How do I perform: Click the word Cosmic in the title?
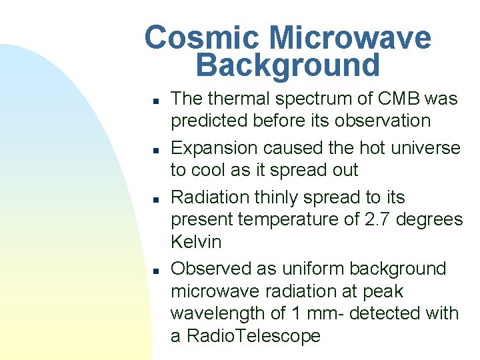[201, 37]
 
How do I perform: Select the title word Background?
[288, 65]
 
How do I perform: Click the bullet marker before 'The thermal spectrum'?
[156, 101]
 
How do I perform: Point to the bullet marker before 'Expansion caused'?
[156, 150]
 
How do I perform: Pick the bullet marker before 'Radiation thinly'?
[156, 200]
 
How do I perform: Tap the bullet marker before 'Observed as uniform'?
[156, 271]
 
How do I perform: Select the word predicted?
[209, 121]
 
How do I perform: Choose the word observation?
[383, 121]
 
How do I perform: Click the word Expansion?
[214, 149]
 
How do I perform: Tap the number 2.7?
[377, 219]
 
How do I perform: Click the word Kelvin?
[196, 241]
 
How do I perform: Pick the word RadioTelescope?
[254, 335]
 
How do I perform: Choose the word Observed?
[211, 269]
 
